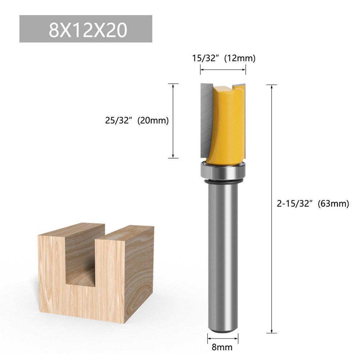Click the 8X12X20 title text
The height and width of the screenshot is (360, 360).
tap(88, 30)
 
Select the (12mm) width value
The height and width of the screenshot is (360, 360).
tap(240, 58)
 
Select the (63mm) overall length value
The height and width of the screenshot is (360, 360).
tap(333, 204)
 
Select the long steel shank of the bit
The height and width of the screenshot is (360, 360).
tap(223, 252)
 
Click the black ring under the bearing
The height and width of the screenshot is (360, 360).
tap(223, 184)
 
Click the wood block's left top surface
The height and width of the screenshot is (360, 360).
tap(70, 230)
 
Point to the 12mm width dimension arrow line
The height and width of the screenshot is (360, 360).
tap(223, 70)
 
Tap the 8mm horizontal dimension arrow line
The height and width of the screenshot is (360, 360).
tap(223, 338)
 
